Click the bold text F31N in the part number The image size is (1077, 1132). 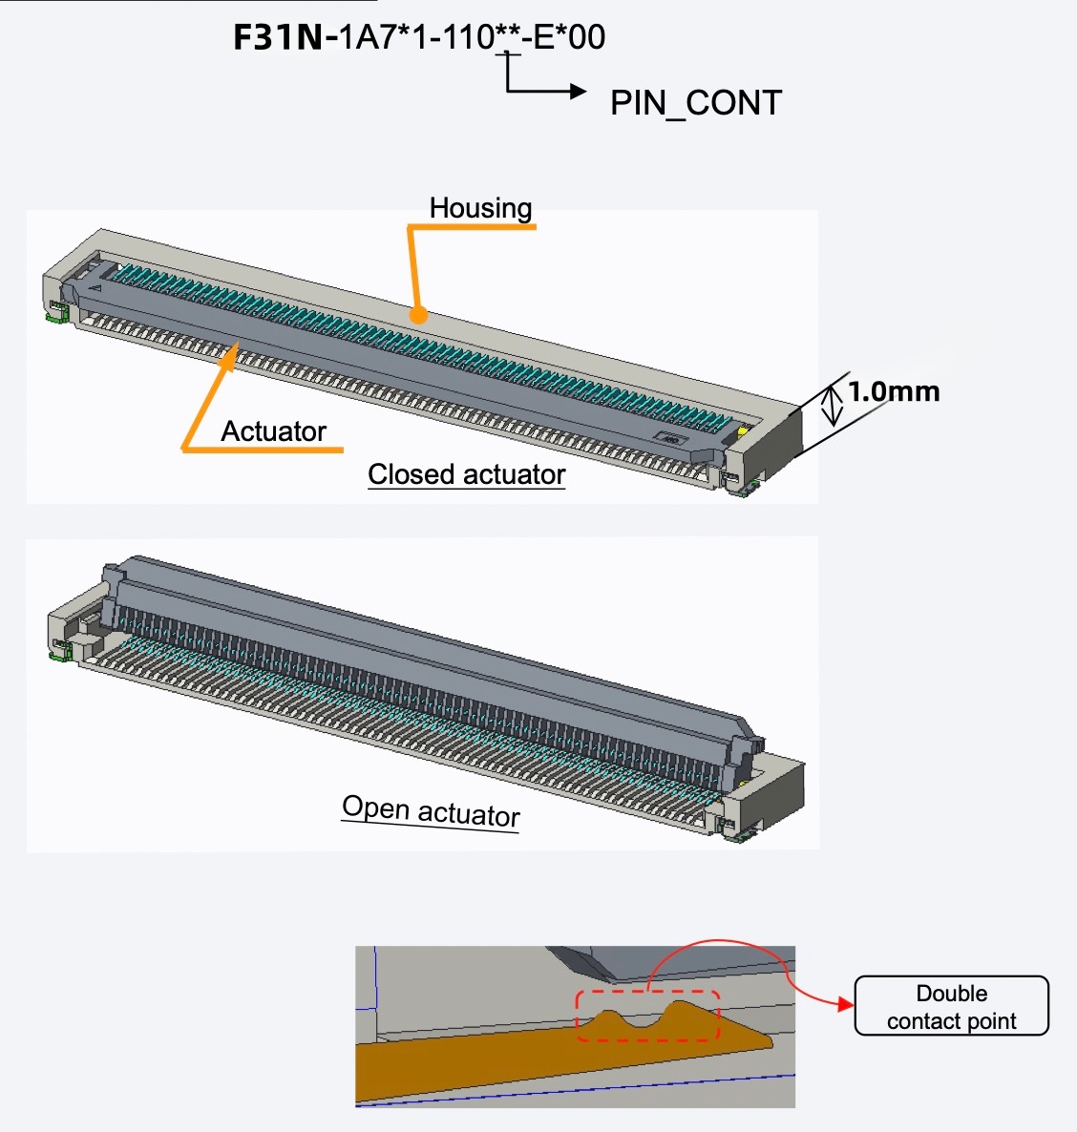[278, 37]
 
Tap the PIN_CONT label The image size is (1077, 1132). [696, 103]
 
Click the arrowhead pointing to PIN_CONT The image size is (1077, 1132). [578, 92]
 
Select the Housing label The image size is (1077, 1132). [480, 208]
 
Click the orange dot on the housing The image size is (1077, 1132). [417, 313]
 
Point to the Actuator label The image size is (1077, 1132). [274, 431]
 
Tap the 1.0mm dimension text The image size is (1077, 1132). [894, 391]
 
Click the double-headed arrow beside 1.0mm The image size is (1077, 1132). [833, 405]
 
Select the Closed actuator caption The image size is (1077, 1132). [467, 474]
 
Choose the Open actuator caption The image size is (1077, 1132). [431, 811]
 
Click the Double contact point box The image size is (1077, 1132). [951, 1006]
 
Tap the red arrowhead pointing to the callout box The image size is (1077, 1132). [845, 1004]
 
